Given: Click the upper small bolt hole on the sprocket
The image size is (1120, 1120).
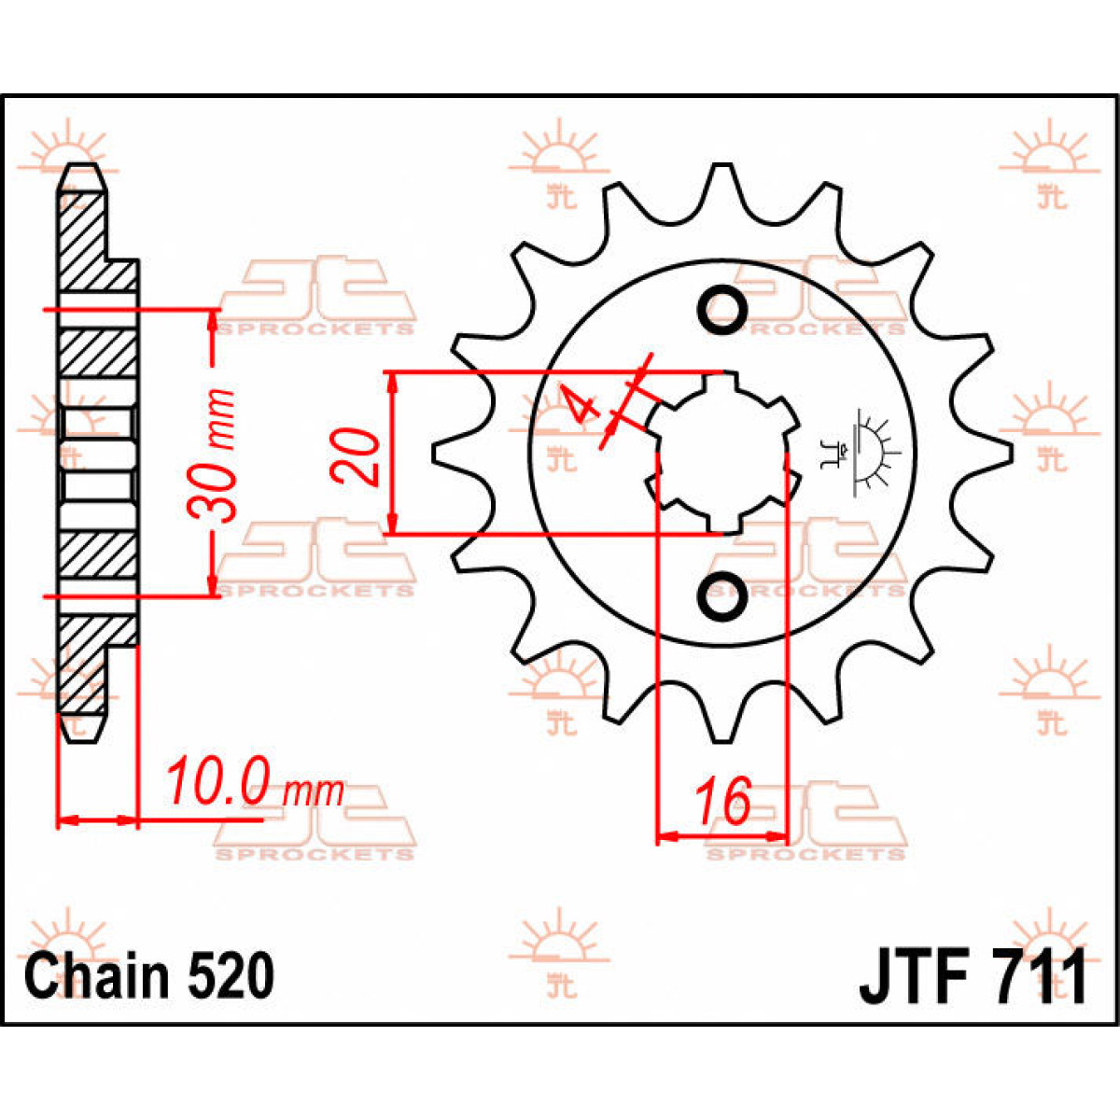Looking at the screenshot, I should click(722, 309).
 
